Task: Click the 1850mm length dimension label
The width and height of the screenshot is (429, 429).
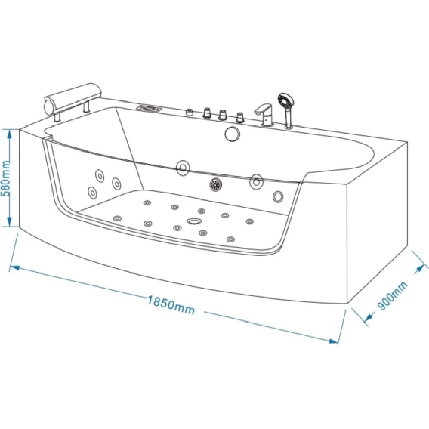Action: click(x=171, y=305)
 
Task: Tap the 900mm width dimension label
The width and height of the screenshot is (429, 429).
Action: click(x=393, y=296)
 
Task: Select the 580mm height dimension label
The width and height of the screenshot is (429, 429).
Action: click(x=5, y=178)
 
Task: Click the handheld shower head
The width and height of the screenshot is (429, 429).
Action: click(x=285, y=100)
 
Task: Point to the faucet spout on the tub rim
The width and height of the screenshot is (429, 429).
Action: click(x=263, y=109)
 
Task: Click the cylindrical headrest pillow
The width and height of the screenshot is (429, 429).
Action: click(x=73, y=98)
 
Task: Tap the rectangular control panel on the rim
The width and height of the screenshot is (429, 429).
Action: click(x=149, y=108)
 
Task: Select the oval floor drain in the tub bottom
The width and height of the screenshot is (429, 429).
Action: click(x=194, y=221)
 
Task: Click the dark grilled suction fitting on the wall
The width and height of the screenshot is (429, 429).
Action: click(x=215, y=184)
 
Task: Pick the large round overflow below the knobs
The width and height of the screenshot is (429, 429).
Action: click(x=233, y=134)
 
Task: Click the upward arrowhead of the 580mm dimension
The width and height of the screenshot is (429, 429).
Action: click(x=9, y=134)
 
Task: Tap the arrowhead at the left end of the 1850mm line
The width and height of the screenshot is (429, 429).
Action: click(x=14, y=267)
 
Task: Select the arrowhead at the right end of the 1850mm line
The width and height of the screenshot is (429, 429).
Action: click(x=334, y=341)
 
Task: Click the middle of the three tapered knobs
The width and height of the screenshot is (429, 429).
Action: click(x=223, y=115)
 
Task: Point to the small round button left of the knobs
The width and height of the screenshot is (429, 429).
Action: click(x=190, y=113)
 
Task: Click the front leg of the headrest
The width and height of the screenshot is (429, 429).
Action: click(x=57, y=116)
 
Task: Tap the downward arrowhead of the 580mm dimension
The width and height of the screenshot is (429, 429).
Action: click(x=9, y=221)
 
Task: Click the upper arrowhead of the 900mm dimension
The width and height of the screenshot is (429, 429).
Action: click(x=419, y=270)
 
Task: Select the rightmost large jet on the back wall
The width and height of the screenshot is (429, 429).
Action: click(x=278, y=196)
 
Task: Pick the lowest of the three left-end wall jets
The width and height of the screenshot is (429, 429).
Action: click(x=92, y=193)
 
